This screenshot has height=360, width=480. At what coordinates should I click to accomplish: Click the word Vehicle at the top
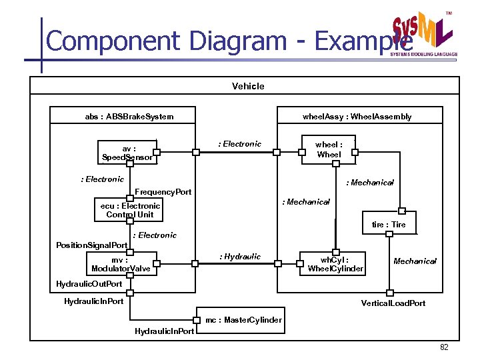click(248, 86)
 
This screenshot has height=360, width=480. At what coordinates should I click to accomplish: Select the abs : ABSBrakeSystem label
click(129, 117)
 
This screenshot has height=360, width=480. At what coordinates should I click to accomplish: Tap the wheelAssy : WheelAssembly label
click(357, 117)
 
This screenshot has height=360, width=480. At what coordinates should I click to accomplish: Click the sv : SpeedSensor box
click(127, 153)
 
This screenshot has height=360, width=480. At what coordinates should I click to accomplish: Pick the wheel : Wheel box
click(329, 149)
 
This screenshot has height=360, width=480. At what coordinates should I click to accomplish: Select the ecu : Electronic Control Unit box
click(130, 210)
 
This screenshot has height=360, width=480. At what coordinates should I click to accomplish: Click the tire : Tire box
click(389, 225)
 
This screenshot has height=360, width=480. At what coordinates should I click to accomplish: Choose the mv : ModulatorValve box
click(121, 264)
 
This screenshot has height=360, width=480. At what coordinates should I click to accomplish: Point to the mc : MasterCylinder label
click(243, 320)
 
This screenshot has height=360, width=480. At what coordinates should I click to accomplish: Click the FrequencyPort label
click(163, 192)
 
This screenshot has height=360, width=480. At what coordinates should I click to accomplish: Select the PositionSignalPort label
click(91, 245)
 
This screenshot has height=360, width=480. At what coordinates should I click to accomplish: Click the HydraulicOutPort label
click(89, 283)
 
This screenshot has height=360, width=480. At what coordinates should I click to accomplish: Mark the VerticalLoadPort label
click(393, 303)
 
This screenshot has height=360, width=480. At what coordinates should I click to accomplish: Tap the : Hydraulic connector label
click(241, 257)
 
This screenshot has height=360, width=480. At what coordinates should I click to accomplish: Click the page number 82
click(444, 347)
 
